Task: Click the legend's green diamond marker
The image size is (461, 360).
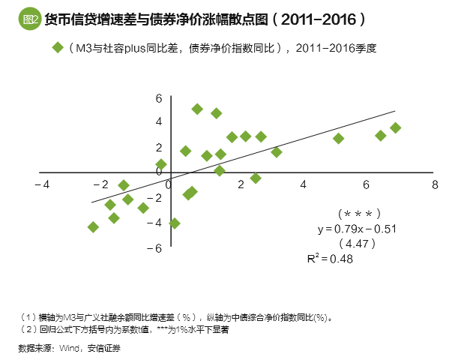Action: (57, 47)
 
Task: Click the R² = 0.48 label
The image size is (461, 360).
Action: (330, 258)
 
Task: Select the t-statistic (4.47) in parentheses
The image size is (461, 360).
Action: (358, 243)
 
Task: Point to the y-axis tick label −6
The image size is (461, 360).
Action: (156, 247)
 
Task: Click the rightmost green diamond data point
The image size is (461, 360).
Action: (395, 128)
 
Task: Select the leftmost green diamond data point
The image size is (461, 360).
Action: (93, 226)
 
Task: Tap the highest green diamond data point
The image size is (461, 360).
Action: (197, 109)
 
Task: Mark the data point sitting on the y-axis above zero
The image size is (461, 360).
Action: (160, 164)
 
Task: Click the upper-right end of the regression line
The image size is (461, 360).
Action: (394, 112)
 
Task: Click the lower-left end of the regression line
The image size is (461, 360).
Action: (92, 202)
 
